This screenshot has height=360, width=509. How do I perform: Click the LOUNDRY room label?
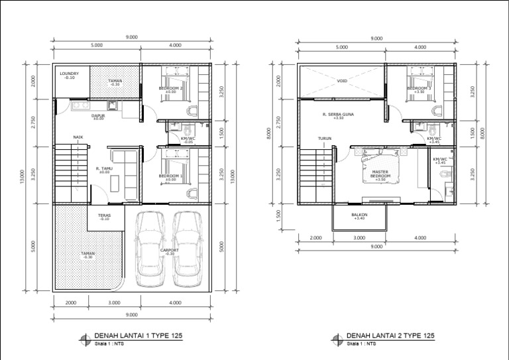69,74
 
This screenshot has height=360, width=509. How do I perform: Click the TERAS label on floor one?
104,216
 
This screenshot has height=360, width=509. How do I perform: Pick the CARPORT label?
169,251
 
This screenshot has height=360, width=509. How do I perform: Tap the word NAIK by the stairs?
78,138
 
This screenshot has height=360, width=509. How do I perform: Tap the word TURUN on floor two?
324,139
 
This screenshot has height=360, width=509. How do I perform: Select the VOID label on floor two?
342,82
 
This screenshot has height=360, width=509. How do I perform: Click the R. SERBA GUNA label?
338,115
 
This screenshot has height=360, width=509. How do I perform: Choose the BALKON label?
359,215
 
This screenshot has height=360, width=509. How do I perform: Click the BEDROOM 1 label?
171,176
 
